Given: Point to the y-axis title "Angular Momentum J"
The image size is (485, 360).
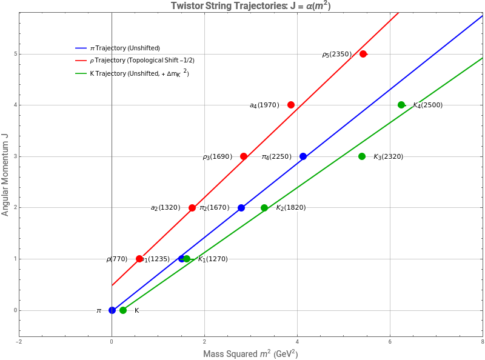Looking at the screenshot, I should pyautogui.click(x=5, y=175).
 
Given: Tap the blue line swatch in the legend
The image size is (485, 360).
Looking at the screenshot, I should pyautogui.click(x=81, y=48).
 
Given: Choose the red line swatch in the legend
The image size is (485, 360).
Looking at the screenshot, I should pyautogui.click(x=81, y=61).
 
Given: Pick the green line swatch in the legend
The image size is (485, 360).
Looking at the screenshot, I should pyautogui.click(x=81, y=73).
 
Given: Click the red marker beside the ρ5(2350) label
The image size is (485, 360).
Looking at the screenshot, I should pyautogui.click(x=363, y=54).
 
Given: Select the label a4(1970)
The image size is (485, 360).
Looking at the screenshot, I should pyautogui.click(x=265, y=105).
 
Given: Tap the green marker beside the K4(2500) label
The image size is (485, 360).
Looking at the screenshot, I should pyautogui.click(x=401, y=105).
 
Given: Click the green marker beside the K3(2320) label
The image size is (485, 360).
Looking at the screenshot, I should pyautogui.click(x=362, y=156).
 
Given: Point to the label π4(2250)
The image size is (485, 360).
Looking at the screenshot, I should pyautogui.click(x=275, y=157).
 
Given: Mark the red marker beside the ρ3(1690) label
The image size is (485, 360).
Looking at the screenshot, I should pyautogui.click(x=244, y=156).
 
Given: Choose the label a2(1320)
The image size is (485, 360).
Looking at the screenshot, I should pyautogui.click(x=166, y=208).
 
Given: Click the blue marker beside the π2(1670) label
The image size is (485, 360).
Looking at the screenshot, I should pyautogui.click(x=241, y=208).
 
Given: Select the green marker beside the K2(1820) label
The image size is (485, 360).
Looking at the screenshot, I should pyautogui.click(x=264, y=208).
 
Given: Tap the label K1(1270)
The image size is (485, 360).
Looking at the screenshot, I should pyautogui.click(x=213, y=259).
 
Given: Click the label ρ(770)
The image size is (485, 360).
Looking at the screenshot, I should pyautogui.click(x=117, y=259).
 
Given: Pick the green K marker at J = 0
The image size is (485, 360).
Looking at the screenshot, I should pyautogui.click(x=123, y=310).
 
